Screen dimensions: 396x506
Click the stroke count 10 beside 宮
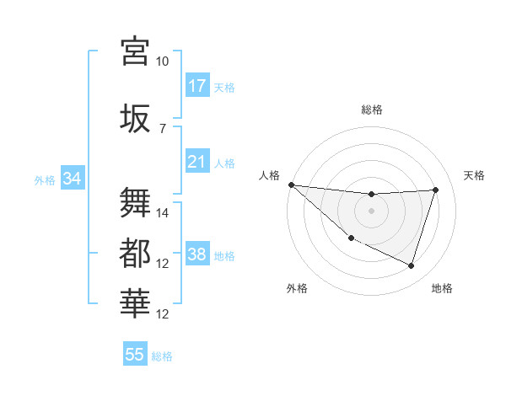click(162, 62)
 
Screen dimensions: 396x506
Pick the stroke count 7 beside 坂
click(162, 127)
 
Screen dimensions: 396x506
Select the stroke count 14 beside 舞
click(163, 213)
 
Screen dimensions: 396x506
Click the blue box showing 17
click(197, 85)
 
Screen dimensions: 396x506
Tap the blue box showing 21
click(197, 162)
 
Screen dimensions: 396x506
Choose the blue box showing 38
click(197, 254)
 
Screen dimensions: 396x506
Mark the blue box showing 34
click(72, 179)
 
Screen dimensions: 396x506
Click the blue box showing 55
click(135, 355)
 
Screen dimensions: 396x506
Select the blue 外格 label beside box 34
click(45, 179)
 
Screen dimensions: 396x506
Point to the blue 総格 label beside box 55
click(162, 356)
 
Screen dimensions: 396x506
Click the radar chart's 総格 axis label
click(371, 110)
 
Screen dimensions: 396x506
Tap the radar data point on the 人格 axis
click(291, 185)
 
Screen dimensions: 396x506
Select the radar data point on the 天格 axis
click(436, 190)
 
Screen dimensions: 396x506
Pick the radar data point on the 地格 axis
click(412, 266)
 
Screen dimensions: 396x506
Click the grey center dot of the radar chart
click(371, 211)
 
